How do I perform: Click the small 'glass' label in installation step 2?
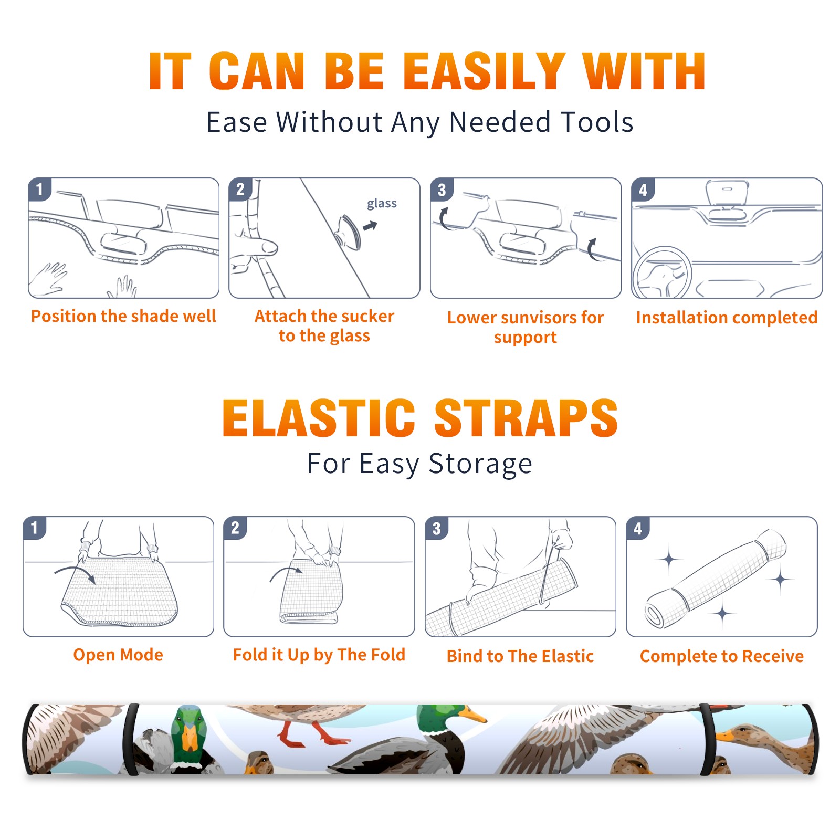click(382, 204)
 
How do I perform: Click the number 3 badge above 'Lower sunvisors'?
click(442, 190)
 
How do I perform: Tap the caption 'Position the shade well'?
click(123, 316)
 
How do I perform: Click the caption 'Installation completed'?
click(727, 317)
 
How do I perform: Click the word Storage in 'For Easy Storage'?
click(480, 464)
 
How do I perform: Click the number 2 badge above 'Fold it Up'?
click(235, 528)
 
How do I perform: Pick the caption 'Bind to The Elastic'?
click(520, 656)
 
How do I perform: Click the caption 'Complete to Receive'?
click(721, 656)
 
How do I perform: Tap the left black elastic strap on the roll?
click(130, 739)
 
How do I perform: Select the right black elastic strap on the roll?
click(708, 739)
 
